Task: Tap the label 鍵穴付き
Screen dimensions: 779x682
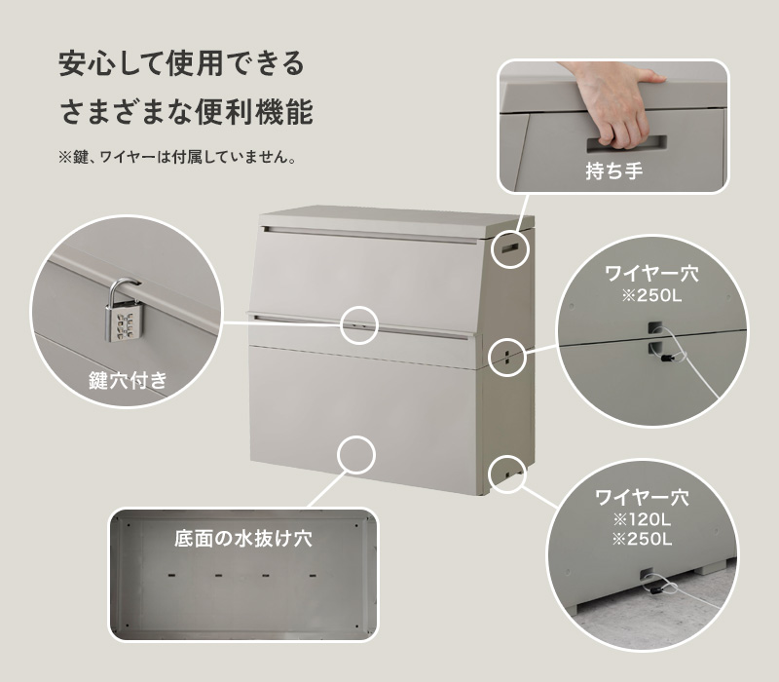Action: pos(129,381)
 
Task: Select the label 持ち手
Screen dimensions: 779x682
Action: pos(614,171)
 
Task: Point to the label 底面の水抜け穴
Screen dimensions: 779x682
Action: pos(242,539)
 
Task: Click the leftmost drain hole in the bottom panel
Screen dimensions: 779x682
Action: pos(172,576)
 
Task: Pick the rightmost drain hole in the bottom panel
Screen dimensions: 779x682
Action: pos(313,576)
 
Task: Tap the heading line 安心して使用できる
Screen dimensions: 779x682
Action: pos(181,63)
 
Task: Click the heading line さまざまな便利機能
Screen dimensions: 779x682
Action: pos(186,111)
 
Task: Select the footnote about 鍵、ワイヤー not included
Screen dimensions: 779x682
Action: pos(177,157)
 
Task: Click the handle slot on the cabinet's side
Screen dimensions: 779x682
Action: pos(510,247)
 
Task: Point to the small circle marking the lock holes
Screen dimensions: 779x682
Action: pos(359,325)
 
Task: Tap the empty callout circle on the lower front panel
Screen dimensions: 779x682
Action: pos(355,456)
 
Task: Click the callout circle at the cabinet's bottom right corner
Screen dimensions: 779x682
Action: pos(506,474)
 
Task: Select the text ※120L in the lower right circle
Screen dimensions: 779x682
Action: pos(642,520)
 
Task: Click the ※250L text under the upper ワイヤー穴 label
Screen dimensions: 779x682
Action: pos(651,296)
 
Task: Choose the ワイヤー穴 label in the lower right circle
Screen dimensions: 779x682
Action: pos(642,498)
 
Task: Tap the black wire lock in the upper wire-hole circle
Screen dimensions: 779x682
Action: pos(666,358)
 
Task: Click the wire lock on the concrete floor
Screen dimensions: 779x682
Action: pos(654,589)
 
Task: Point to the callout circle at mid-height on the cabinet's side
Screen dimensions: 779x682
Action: pos(506,357)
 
